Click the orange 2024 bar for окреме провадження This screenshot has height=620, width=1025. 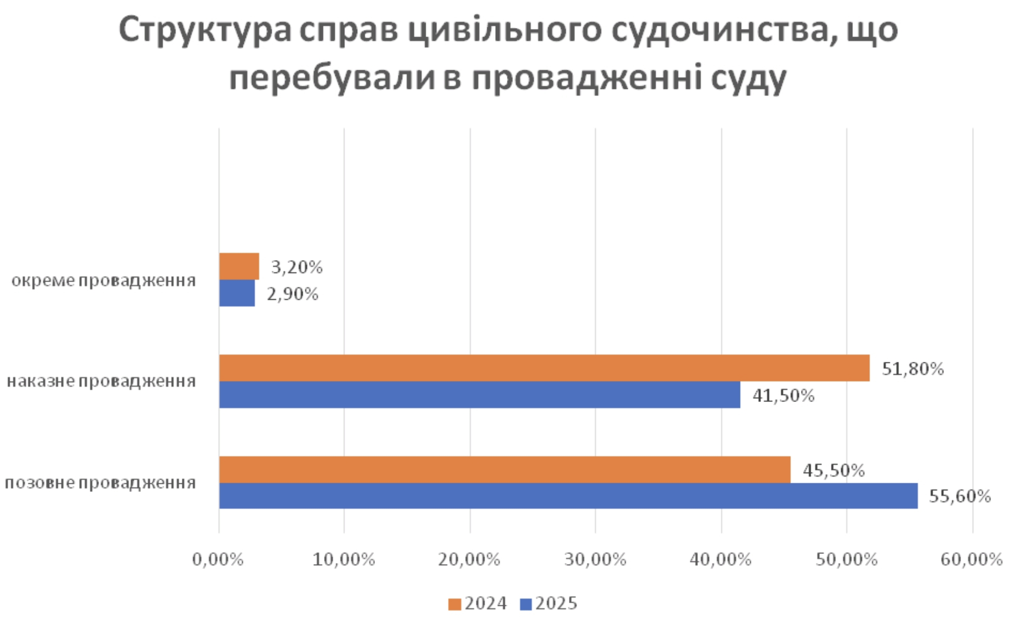click(239, 266)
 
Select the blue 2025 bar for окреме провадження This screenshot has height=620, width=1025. click(237, 293)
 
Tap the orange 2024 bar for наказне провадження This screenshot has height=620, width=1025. click(544, 368)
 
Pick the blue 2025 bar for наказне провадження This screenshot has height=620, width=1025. click(479, 395)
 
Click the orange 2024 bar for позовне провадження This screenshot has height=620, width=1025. click(504, 470)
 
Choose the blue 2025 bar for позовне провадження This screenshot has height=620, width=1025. click(568, 496)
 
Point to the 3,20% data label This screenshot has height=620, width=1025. click(297, 267)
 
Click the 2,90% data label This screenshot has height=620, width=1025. click(293, 294)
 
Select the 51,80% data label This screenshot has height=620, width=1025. click(912, 368)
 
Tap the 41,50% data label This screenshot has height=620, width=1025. click(783, 395)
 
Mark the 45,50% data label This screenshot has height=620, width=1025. click(834, 470)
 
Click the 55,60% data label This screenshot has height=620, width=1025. click(959, 496)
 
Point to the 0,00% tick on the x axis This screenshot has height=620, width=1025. click(218, 560)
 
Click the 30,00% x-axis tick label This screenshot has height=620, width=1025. click(595, 560)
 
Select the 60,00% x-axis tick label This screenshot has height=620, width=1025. click(971, 560)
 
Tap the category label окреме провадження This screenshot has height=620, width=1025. click(104, 281)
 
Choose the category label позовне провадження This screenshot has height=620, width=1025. click(101, 483)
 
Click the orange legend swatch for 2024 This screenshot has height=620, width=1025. click(455, 604)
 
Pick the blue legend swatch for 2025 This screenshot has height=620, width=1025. click(526, 604)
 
